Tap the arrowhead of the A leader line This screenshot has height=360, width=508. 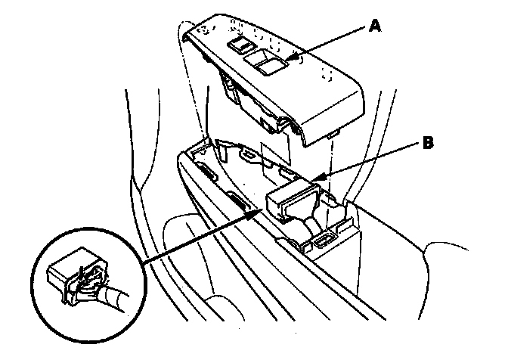click(290, 59)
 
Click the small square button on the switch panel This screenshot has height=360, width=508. click(240, 47)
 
